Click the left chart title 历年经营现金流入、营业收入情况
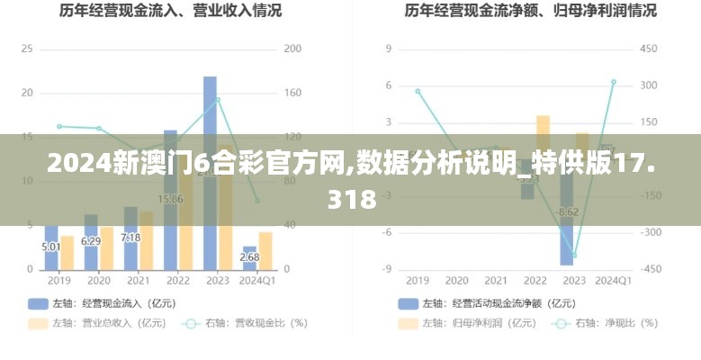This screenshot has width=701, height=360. (x=170, y=12)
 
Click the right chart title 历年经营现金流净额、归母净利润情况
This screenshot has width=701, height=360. (x=530, y=12)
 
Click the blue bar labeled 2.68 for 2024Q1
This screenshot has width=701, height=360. (x=249, y=258)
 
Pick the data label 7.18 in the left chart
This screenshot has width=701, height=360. (x=130, y=238)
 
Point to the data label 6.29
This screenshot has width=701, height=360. (x=91, y=241)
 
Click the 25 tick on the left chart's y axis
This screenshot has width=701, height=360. (x=26, y=49)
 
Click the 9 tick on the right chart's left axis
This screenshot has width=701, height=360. (x=388, y=49)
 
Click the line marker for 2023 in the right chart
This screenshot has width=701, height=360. (x=574, y=256)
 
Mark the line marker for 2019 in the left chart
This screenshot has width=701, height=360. (x=59, y=126)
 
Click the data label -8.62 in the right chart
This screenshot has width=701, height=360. (x=568, y=212)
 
